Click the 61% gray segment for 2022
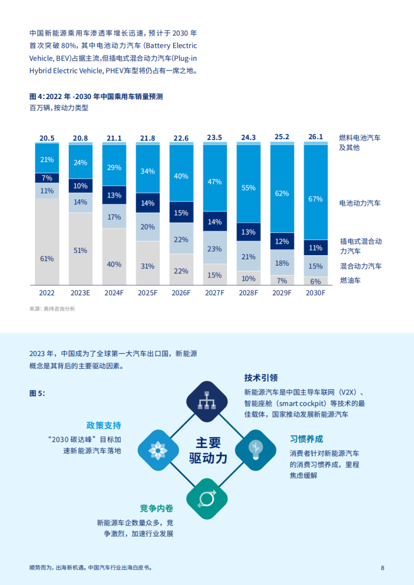[x=47, y=241]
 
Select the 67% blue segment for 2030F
[x=315, y=192]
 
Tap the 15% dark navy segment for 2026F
[x=181, y=213]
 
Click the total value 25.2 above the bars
[x=282, y=138]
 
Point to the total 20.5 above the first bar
[x=47, y=138]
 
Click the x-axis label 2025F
[x=148, y=293]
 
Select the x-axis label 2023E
[x=80, y=293]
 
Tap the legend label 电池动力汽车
[x=360, y=203]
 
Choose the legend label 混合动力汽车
[x=360, y=266]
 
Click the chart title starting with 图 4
[x=96, y=97]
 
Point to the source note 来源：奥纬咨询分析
[x=52, y=309]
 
